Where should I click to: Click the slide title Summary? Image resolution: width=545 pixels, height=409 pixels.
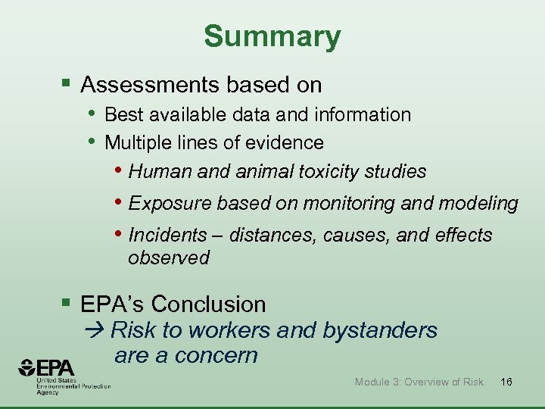pos(272,36)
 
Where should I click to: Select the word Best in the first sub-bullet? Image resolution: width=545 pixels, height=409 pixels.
pos(122,114)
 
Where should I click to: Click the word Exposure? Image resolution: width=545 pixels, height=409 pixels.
pos(170,204)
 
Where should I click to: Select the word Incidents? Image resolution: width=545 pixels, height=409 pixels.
pos(167,236)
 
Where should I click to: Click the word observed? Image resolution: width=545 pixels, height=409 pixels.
pos(168,258)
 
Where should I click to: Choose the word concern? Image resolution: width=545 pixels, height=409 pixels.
pos(220,355)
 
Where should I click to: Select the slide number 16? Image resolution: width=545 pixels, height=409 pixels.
pos(506,382)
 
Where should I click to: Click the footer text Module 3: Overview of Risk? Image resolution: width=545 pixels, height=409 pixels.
pos(419,382)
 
